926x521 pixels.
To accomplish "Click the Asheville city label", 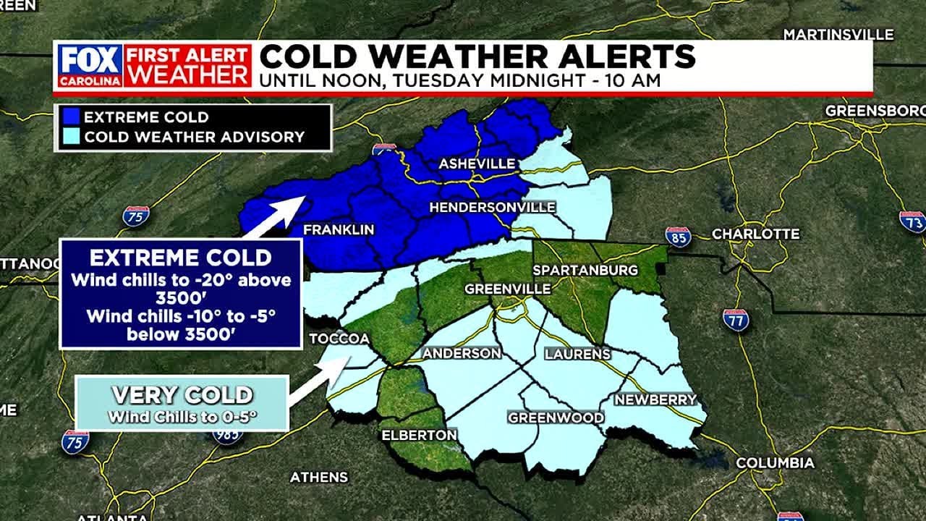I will [477, 164].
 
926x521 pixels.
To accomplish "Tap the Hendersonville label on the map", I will [492, 208].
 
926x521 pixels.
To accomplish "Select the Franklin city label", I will [339, 229].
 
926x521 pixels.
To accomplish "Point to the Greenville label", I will [507, 289].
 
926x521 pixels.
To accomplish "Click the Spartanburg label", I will [585, 270].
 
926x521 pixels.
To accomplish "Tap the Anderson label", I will [462, 353].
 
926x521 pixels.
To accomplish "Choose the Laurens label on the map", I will [577, 354].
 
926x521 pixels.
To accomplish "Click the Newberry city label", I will [655, 399].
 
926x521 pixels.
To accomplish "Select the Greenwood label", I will [556, 418].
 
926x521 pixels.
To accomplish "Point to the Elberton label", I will [420, 435].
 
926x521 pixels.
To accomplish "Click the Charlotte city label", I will [756, 234].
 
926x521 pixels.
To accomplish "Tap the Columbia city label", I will [775, 462].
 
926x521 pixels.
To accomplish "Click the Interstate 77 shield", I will [735, 320].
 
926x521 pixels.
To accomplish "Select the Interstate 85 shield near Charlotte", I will [678, 237].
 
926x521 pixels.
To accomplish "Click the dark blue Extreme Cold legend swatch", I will [70, 117].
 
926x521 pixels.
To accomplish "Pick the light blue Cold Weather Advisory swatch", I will [70, 137].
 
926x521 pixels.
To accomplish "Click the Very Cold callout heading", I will [182, 395].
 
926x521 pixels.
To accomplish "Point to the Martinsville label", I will [838, 35].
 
